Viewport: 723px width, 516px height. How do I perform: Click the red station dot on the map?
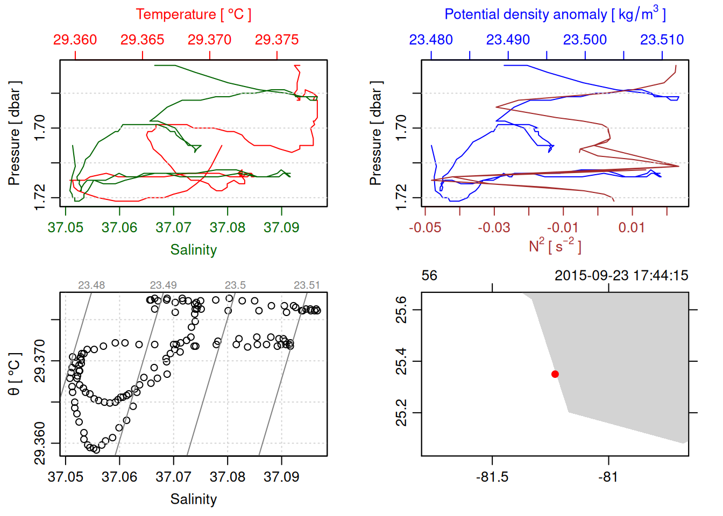555,374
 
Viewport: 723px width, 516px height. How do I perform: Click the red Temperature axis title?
193,15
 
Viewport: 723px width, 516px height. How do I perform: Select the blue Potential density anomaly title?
555,14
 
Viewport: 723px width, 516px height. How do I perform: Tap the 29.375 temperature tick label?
277,40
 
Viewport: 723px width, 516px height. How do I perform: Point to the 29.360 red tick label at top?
75,40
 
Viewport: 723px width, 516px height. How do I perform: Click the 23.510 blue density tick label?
662,40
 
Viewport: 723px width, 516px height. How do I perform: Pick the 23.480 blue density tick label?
431,40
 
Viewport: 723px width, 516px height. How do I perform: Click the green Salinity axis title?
193,250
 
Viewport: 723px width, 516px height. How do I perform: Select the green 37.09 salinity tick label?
281,227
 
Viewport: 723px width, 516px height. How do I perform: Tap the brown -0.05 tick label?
425,227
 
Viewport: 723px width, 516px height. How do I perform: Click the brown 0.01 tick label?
632,227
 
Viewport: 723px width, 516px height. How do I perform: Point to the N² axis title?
555,246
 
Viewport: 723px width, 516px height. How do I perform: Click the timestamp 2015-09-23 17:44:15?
621,276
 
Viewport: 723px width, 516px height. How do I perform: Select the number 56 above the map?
429,276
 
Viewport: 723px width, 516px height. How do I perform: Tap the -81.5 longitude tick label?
492,477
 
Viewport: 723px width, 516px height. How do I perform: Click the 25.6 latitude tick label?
401,310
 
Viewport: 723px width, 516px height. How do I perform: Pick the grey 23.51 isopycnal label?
307,285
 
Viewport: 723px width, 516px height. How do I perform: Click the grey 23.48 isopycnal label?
91,285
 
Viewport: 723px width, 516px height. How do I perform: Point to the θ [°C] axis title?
15,374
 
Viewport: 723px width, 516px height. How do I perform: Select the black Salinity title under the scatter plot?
193,499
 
